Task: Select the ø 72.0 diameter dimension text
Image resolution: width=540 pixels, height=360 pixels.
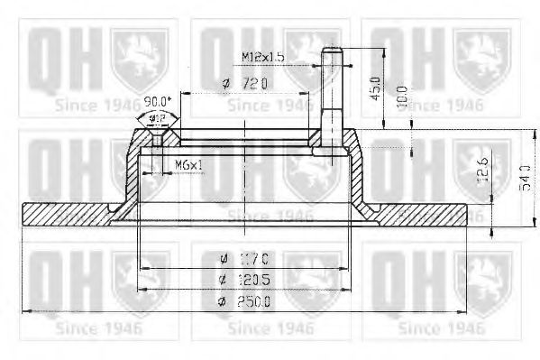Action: [x=244, y=84]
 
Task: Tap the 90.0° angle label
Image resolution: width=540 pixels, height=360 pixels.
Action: [x=157, y=101]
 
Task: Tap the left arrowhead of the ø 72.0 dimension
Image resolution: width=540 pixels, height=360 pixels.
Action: [x=182, y=93]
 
